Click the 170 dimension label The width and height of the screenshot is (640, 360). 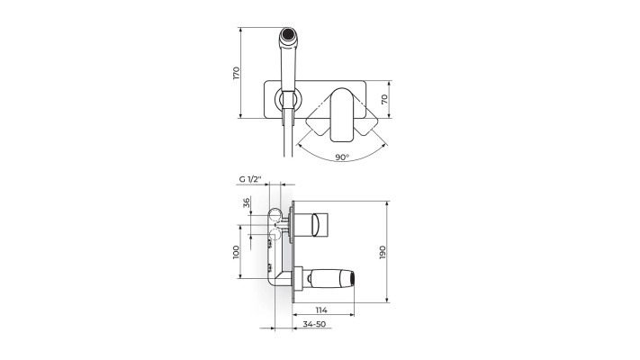coord(237,73)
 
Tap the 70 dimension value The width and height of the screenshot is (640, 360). coord(384,99)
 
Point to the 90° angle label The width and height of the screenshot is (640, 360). coord(342,157)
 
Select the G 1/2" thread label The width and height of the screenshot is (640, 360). coord(250,179)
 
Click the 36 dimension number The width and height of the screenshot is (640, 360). coord(246,202)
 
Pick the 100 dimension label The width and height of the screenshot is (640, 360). coord(236,252)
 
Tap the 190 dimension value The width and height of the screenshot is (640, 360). coord(383,252)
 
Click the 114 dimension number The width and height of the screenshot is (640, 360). coord(321,310)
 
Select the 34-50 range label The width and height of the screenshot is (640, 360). coord(314,324)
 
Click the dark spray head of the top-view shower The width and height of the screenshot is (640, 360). coord(288,34)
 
